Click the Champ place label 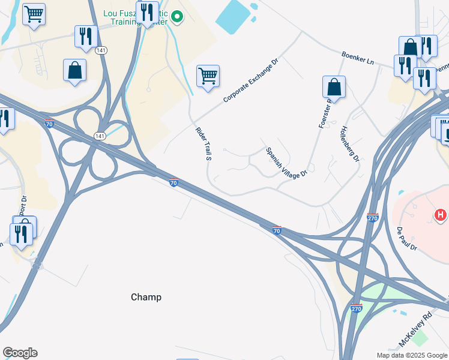point(146,297)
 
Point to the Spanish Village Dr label point(286,162)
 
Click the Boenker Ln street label point(357,58)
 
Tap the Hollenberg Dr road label point(349,144)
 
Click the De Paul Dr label point(406,239)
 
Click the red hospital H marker point(441,214)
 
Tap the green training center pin point(176,17)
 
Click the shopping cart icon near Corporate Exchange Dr point(208,76)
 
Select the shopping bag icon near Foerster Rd point(334,87)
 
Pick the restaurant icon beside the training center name point(147,12)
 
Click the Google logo point(20,353)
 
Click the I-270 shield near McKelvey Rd point(357,308)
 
